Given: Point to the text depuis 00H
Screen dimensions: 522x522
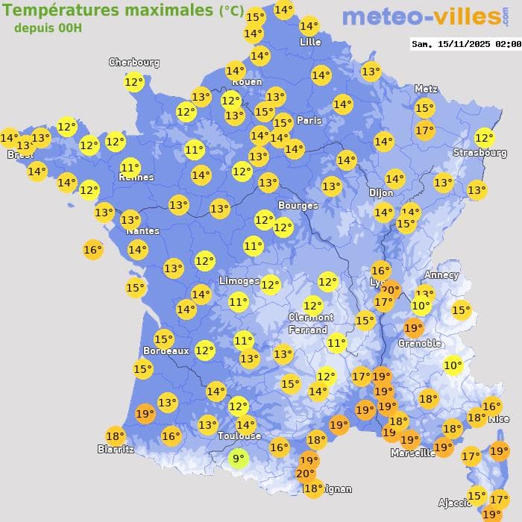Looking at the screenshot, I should [x=48, y=28].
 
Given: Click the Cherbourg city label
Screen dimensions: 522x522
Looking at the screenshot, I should [x=134, y=63].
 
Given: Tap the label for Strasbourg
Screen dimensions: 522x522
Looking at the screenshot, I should [x=479, y=153].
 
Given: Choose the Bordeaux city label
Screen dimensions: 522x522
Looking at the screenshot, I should [x=166, y=350].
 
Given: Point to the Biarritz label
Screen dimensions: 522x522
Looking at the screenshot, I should [x=116, y=449].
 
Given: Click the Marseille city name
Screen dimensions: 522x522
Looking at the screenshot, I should [x=412, y=453].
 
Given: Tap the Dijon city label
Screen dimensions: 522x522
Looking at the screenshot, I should [x=380, y=192].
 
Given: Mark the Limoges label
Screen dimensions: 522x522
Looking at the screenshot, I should [x=239, y=281].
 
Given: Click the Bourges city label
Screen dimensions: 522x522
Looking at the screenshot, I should [x=298, y=205].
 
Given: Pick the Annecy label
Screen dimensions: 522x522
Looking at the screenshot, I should [x=441, y=274].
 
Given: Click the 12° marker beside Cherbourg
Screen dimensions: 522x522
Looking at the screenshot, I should [x=134, y=82].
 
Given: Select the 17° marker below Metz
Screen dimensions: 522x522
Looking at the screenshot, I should [x=424, y=131].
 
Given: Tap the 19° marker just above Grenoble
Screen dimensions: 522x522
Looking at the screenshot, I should [x=413, y=328].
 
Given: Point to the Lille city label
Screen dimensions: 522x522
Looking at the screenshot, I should [x=309, y=42].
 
